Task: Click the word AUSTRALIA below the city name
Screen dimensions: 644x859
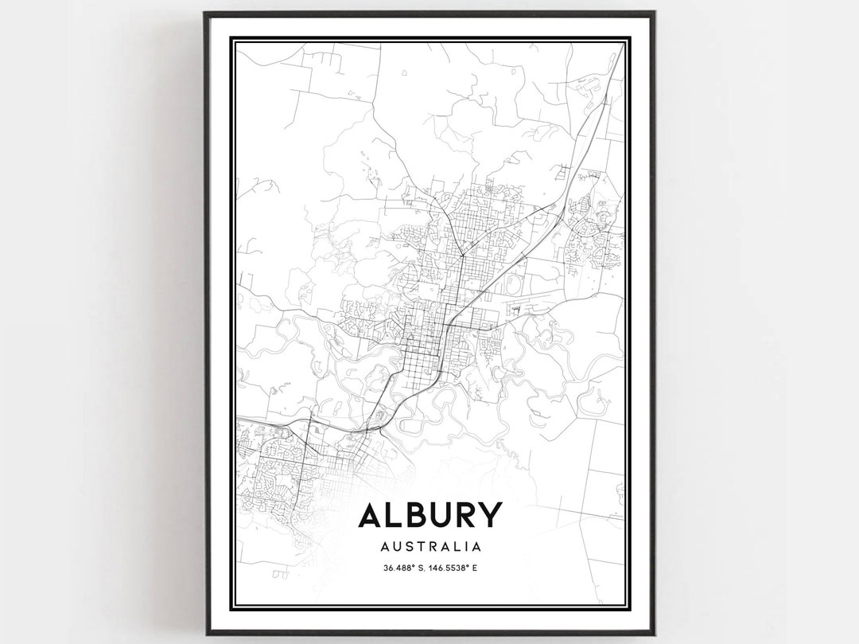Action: tap(430, 547)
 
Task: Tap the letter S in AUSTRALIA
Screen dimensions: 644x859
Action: tap(406, 547)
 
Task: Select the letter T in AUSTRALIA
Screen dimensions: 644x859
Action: tap(419, 547)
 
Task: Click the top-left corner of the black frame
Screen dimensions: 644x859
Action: tap(205, 14)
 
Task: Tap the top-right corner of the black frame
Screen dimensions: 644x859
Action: tap(654, 14)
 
